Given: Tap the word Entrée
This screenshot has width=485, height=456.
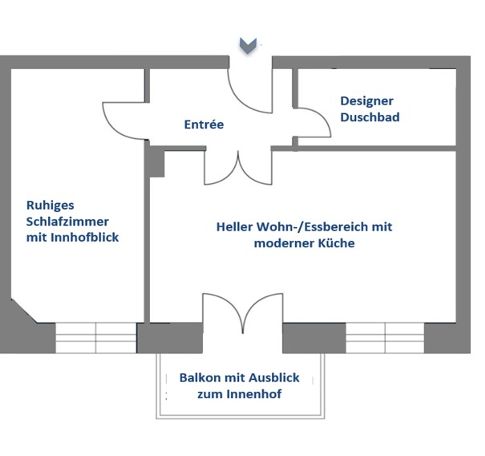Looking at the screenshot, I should pyautogui.click(x=204, y=124).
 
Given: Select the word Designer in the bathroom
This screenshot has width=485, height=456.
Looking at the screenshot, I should pyautogui.click(x=367, y=101).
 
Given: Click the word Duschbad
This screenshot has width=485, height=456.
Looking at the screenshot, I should pyautogui.click(x=370, y=117).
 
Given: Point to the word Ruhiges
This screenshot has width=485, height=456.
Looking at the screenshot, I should pyautogui.click(x=50, y=205).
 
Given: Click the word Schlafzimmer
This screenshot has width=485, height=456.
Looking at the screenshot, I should pyautogui.click(x=67, y=222).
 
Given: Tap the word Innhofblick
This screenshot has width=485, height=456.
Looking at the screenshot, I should pyautogui.click(x=85, y=237).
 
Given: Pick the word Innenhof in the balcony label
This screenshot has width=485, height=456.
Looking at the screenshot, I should pyautogui.click(x=254, y=394).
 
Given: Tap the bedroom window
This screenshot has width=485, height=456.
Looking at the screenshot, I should pyautogui.click(x=96, y=338).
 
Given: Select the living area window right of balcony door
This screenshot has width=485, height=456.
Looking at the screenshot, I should pyautogui.click(x=385, y=338).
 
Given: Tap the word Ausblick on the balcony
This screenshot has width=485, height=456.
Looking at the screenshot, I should pyautogui.click(x=274, y=378).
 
